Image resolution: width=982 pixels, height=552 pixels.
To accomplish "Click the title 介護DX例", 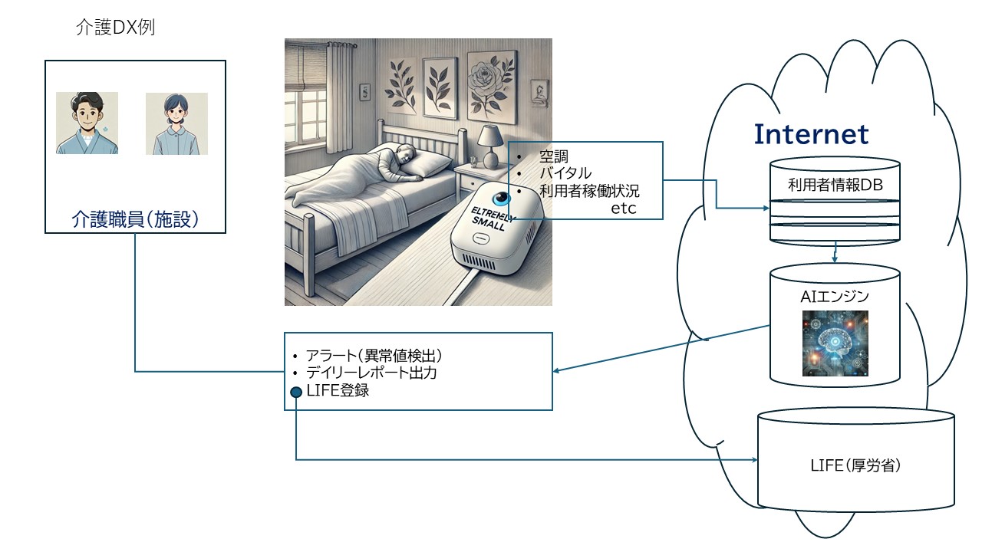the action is coord(115,27).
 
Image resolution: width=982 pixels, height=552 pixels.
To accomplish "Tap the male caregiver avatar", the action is coord(87,123).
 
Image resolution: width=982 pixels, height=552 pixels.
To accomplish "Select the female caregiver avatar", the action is coord(176,123).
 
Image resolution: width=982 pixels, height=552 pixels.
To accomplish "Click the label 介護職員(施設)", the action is coord(135,219).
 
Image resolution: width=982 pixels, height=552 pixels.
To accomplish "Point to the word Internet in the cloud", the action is coord(811,134).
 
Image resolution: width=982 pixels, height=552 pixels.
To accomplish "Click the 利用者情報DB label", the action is coord(835,185).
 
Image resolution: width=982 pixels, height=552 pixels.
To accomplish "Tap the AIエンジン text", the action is coord(835,297).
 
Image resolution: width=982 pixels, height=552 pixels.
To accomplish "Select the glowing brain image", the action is coord(835,343).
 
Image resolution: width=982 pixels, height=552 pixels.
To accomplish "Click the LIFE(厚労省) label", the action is coord(855,465).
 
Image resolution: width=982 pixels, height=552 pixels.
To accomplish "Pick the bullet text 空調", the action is coord(554,156).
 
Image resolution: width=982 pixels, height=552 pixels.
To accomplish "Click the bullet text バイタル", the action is coord(565,173).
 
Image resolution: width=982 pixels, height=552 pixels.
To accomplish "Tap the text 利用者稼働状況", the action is coord(589,191).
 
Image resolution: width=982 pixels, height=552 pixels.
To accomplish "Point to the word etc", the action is coord(624,209).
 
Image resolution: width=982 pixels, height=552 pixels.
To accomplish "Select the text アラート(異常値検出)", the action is coord(374,356).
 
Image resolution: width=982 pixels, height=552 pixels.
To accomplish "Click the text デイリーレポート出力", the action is coord(371,373).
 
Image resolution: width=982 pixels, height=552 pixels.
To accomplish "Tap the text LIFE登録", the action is coord(338,390).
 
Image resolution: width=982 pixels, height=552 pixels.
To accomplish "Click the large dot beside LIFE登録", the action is coord(296,392).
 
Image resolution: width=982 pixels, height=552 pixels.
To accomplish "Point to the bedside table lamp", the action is coord(490,146).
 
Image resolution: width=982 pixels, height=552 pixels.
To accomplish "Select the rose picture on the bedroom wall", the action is coord(491,87).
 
